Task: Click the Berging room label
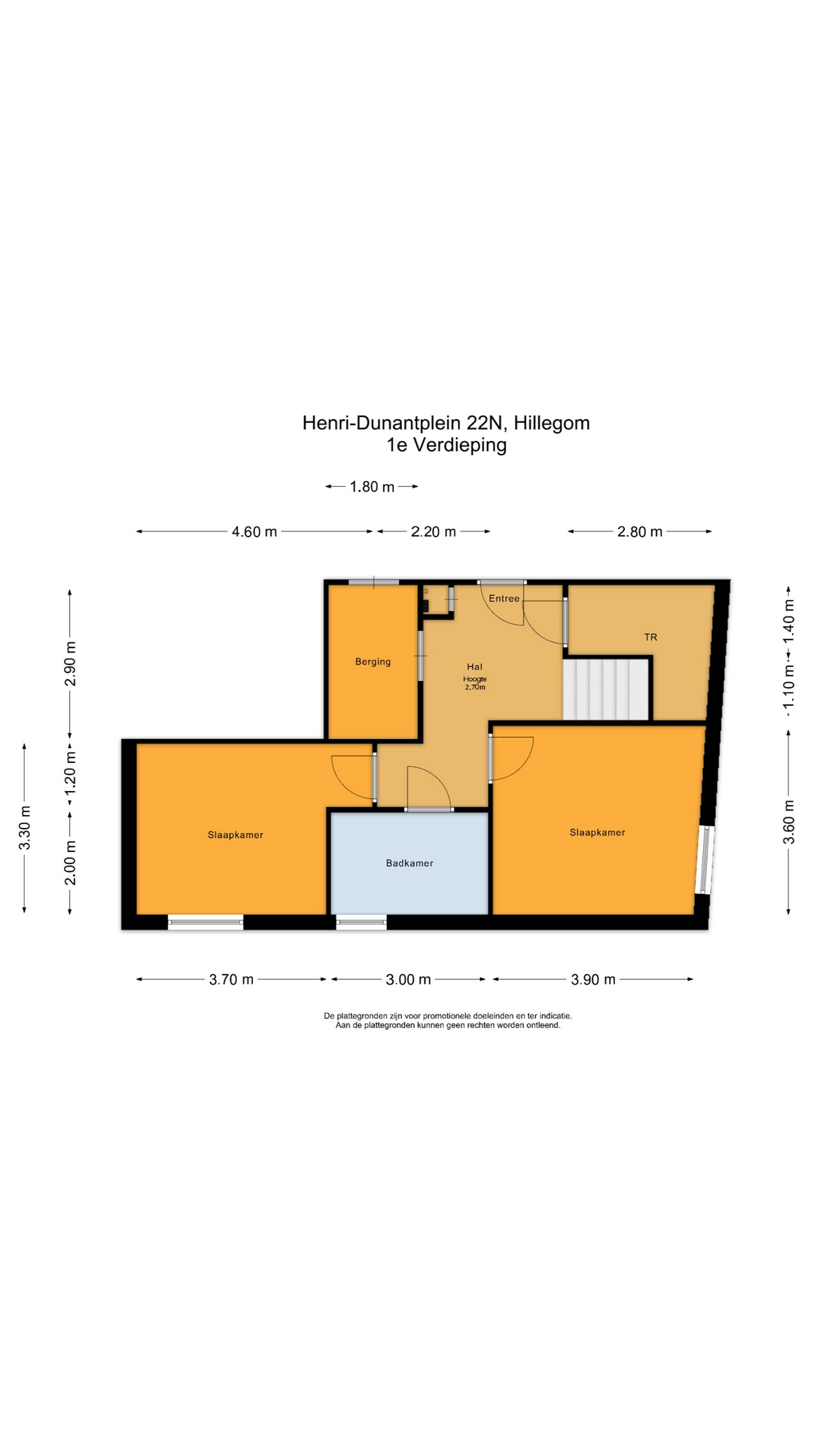tap(373, 662)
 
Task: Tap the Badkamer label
tap(410, 863)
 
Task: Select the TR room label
tap(650, 637)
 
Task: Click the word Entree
tap(504, 598)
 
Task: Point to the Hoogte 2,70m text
tap(474, 683)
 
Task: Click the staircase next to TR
tap(607, 689)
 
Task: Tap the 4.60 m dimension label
tap(254, 532)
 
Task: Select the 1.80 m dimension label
tap(372, 487)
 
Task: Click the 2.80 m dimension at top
tap(640, 532)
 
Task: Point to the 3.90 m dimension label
tap(593, 979)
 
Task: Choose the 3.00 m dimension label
tap(408, 979)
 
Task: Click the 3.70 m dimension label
tap(231, 979)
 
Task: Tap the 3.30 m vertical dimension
tap(25, 828)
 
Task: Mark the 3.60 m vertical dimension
tap(789, 831)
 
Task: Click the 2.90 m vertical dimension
tap(70, 664)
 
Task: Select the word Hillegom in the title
tap(552, 423)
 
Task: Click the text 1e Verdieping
tap(446, 445)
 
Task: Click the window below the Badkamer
tap(361, 922)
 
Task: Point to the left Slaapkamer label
tap(236, 835)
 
